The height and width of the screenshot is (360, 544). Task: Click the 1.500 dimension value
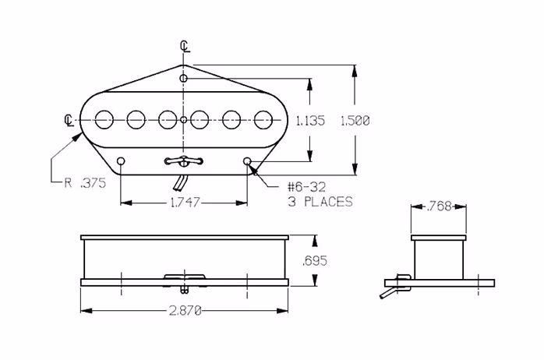(x=355, y=121)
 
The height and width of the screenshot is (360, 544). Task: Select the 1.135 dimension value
(x=310, y=121)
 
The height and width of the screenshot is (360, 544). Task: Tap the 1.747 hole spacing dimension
(x=185, y=202)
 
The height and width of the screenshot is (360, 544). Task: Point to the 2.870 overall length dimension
(x=185, y=311)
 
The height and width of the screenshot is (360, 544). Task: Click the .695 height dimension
(x=315, y=260)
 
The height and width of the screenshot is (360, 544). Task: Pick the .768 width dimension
(x=439, y=206)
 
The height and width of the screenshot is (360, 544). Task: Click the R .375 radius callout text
(x=85, y=183)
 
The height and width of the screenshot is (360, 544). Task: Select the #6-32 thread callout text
(x=307, y=187)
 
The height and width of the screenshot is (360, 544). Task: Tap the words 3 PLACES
(x=320, y=202)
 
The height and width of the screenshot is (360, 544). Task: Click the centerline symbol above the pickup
(x=185, y=46)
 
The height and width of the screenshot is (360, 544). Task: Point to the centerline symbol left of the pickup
(x=69, y=120)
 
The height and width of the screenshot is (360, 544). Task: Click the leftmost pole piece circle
(x=104, y=120)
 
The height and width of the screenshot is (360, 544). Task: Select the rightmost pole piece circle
(x=263, y=120)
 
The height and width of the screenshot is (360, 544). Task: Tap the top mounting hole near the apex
(x=183, y=79)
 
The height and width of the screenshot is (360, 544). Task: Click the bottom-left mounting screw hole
(x=121, y=161)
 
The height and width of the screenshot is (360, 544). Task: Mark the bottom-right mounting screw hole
(x=247, y=161)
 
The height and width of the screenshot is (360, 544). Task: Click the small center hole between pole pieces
(x=184, y=120)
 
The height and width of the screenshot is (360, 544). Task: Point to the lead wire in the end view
(x=389, y=291)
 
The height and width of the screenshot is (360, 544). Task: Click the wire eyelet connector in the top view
(x=184, y=161)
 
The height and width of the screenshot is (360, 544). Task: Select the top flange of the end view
(x=439, y=238)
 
